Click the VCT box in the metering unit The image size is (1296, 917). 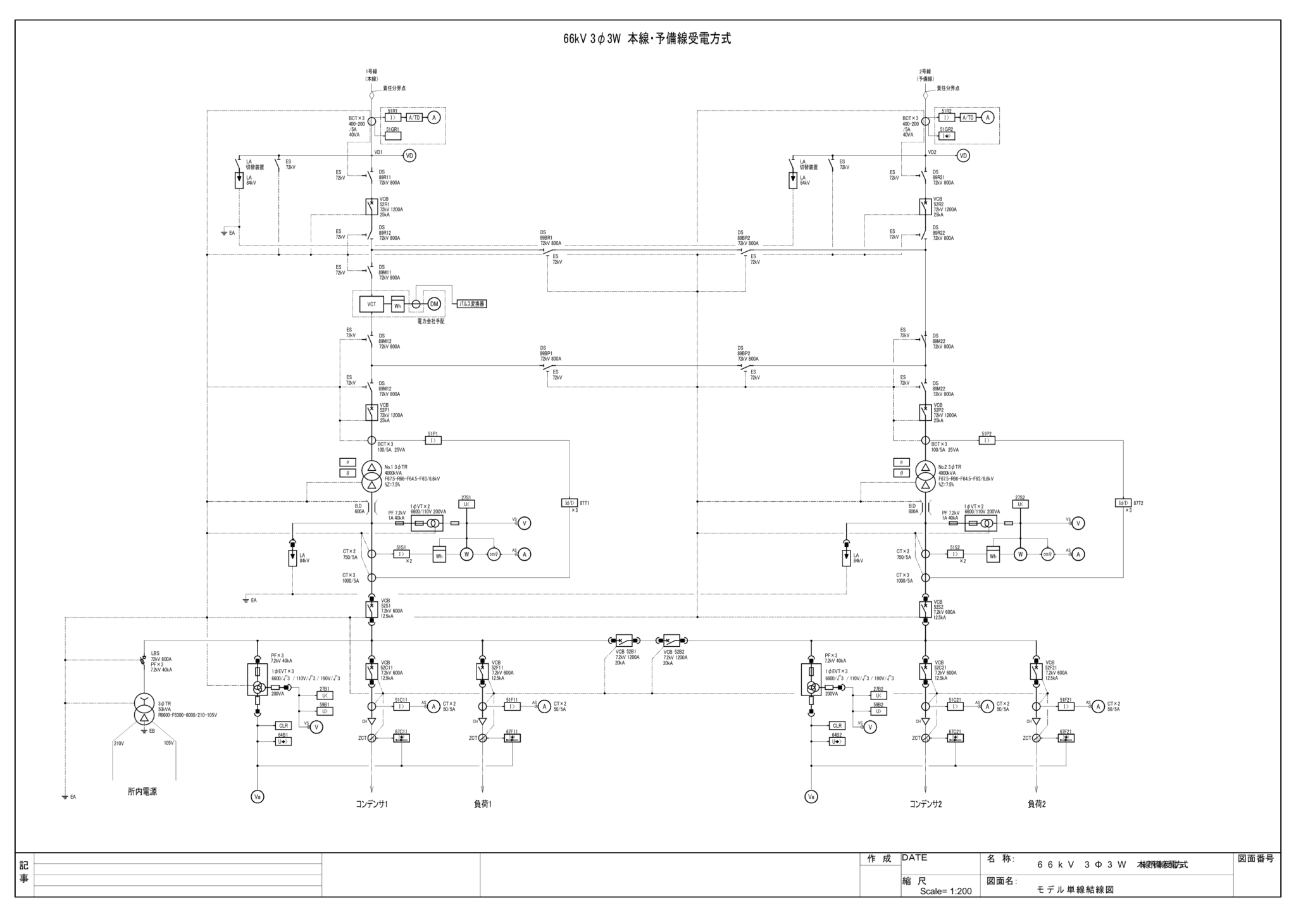[371, 304]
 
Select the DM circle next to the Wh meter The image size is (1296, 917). [434, 304]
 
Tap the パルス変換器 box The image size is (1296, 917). [472, 304]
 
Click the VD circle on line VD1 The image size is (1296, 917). [409, 156]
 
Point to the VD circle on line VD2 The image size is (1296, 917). [963, 156]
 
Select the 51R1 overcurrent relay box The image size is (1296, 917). [392, 118]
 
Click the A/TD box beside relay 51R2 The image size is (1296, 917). [968, 118]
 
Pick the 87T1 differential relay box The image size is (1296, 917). [570, 503]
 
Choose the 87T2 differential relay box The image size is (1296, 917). [1123, 503]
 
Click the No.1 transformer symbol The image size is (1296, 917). [371, 477]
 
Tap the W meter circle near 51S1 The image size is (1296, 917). [466, 554]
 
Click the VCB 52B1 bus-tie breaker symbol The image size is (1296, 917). [624, 640]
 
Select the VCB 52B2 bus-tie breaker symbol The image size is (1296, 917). [671, 640]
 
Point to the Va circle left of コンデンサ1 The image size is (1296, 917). [258, 797]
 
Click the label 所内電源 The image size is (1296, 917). [142, 792]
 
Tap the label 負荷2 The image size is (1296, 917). [1036, 804]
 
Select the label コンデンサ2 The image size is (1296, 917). [925, 804]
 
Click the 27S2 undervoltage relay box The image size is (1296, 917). [1020, 504]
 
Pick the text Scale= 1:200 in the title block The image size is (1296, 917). [945, 891]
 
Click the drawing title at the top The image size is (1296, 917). [647, 39]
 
